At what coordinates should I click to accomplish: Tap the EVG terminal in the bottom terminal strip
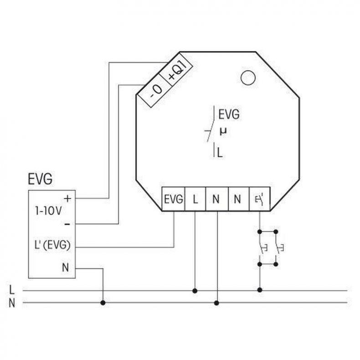173,199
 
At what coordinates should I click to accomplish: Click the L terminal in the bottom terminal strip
195,199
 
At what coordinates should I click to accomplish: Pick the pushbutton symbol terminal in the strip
260,199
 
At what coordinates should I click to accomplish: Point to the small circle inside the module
248,77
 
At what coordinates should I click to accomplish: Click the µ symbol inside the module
223,132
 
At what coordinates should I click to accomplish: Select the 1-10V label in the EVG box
48,211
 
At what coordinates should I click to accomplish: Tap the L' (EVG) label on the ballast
52,245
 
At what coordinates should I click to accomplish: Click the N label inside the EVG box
66,267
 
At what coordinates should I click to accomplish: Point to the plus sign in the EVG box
67,198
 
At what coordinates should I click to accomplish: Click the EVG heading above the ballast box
40,179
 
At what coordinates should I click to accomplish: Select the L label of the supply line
11,290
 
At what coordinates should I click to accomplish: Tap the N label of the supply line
12,303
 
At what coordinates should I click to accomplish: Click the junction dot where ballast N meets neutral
103,303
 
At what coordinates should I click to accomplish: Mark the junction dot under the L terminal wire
195,291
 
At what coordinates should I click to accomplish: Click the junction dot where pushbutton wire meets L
260,290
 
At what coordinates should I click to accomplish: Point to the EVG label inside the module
229,114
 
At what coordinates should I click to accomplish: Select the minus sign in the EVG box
67,224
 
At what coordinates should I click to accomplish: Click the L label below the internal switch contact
220,153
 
